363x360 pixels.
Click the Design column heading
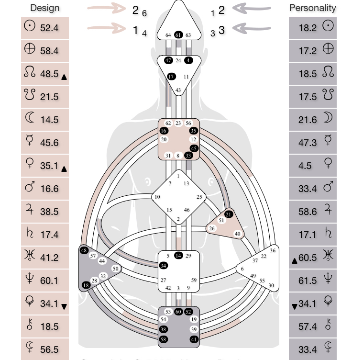44,8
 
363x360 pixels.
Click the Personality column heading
312,8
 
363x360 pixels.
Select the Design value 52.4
49,28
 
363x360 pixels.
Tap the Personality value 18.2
308,28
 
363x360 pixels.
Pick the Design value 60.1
49,281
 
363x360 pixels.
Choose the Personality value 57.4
308,326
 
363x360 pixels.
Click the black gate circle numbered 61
178,35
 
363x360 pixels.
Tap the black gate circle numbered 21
229,214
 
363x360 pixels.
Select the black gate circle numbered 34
164,265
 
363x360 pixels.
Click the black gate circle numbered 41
194,339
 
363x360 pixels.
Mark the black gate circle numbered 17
171,77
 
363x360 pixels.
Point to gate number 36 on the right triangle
273,250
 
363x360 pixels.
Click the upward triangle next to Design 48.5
65,77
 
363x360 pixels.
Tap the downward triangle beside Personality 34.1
294,306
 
